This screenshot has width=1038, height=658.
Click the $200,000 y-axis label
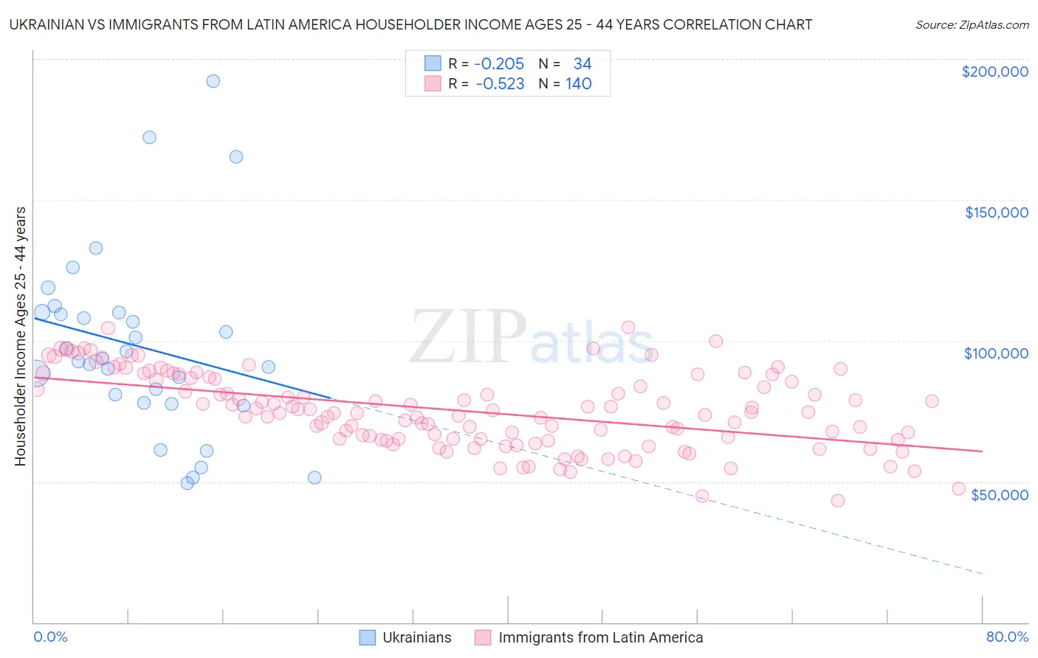click(x=994, y=72)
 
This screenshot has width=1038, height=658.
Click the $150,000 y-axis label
click(x=996, y=212)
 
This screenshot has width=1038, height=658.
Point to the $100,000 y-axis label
click(x=996, y=353)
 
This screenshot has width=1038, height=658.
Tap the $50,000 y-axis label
click(x=999, y=494)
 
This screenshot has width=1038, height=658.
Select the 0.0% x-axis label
click(x=50, y=637)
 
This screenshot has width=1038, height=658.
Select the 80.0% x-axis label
click(x=1007, y=637)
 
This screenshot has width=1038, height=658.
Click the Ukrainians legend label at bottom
click(x=416, y=637)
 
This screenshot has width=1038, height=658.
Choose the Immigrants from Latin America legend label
click(x=600, y=637)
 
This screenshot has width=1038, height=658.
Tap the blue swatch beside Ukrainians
click(x=367, y=637)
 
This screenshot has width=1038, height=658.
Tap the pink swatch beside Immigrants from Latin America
click(x=483, y=637)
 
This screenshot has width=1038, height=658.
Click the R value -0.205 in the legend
click(x=499, y=64)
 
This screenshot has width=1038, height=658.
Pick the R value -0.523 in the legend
click(x=500, y=84)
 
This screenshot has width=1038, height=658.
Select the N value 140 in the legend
click(x=579, y=84)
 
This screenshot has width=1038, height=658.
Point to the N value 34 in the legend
click(x=582, y=64)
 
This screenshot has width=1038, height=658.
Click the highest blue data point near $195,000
click(x=213, y=81)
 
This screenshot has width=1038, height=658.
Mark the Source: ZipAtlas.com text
click(x=972, y=25)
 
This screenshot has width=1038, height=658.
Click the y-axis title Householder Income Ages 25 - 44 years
click(x=21, y=336)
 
